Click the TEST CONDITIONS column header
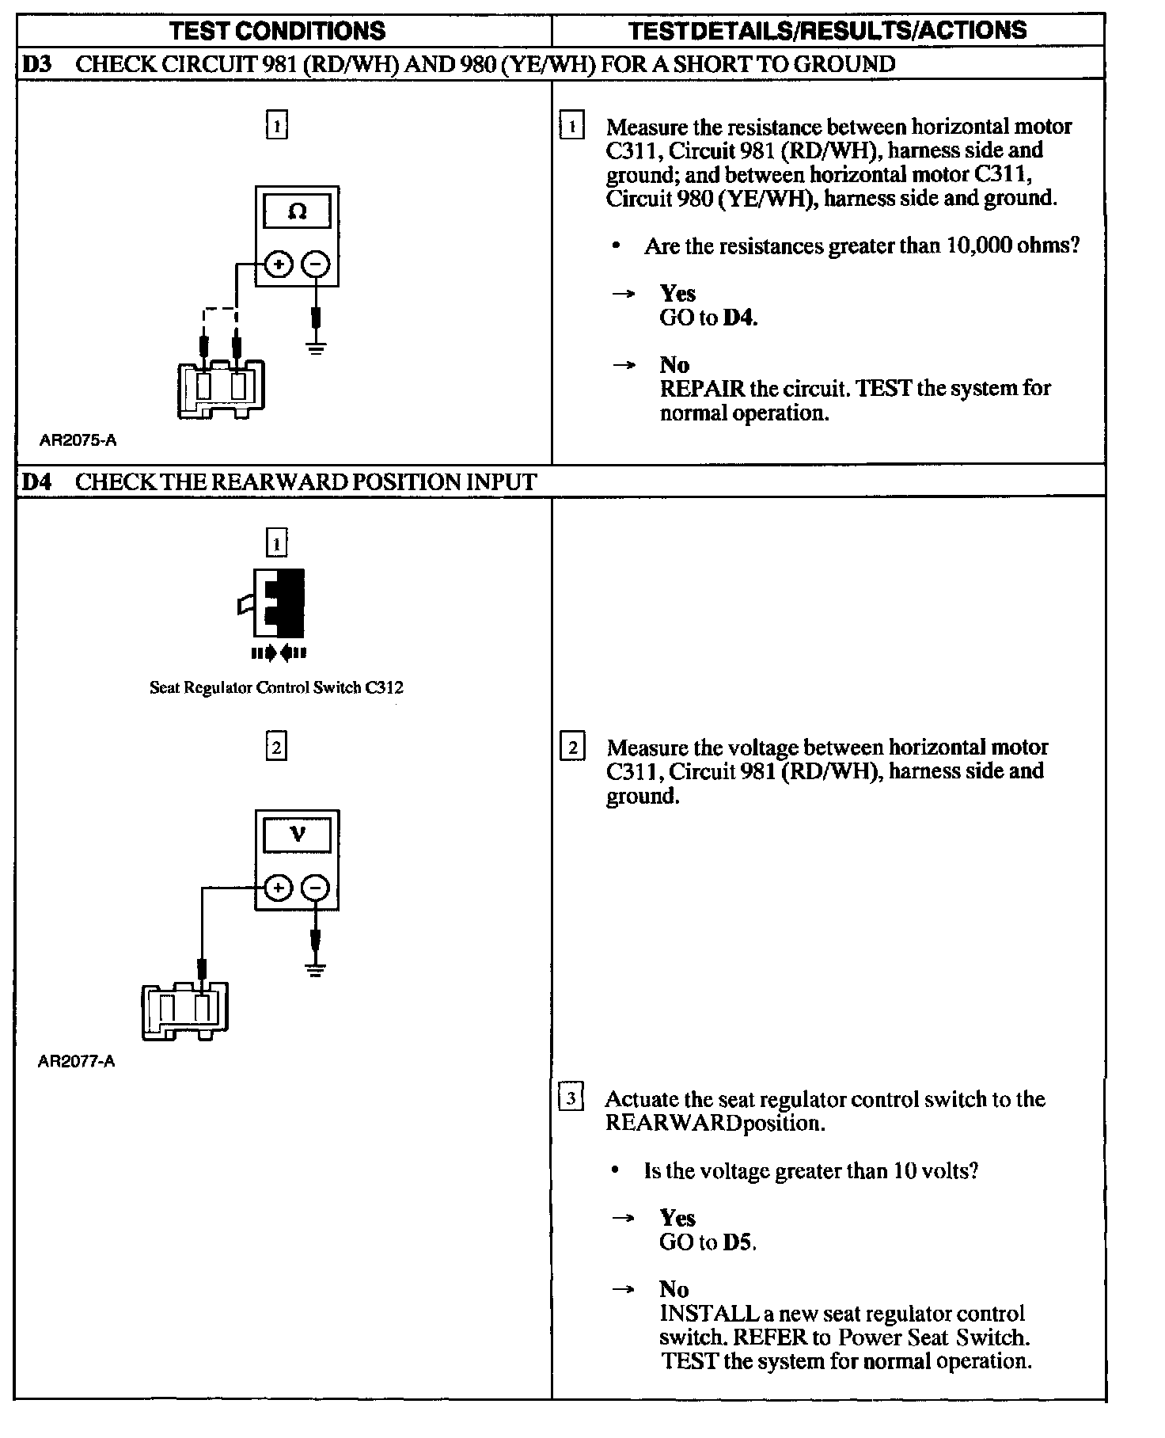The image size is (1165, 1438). tap(278, 31)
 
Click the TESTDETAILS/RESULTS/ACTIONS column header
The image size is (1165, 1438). tap(827, 31)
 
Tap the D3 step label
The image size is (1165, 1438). tap(36, 64)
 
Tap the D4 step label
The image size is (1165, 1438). tap(36, 482)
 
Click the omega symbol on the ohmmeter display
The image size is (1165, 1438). tap(298, 211)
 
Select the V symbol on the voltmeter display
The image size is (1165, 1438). tap(298, 834)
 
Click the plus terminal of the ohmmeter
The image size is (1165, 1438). tap(277, 264)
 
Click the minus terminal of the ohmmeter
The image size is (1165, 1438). tap(316, 264)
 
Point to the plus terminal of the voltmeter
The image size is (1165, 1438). tap(277, 888)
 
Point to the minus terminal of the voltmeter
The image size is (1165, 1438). tap(316, 888)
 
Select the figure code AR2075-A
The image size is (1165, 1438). tap(78, 440)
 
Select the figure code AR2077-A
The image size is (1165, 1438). tap(76, 1061)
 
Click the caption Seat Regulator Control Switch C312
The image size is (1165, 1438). tap(276, 687)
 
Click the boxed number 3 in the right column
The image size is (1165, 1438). tap(571, 1098)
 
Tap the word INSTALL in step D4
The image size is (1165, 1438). tap(708, 1314)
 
